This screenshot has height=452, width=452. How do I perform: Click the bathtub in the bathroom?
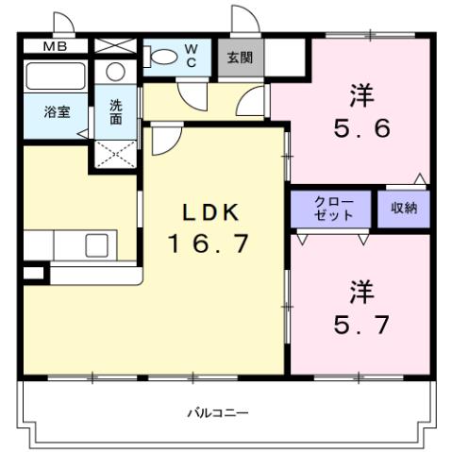click(55, 75)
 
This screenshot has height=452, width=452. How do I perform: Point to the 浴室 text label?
click(57, 111)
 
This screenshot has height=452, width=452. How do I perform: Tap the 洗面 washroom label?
click(115, 113)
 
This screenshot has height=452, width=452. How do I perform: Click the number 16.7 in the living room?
click(209, 243)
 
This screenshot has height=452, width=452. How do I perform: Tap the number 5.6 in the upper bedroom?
click(360, 129)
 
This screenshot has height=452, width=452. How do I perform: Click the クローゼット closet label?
click(333, 209)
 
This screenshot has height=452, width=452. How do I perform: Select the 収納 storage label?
click(404, 208)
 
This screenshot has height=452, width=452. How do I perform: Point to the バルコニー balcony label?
click(217, 412)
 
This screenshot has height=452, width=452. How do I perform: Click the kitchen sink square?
click(98, 245)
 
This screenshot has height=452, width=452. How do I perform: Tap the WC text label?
click(191, 54)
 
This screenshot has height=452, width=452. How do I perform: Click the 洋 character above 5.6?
click(360, 94)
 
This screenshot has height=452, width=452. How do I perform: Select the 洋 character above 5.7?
click(360, 288)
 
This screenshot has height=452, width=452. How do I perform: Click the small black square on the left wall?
click(32, 274)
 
